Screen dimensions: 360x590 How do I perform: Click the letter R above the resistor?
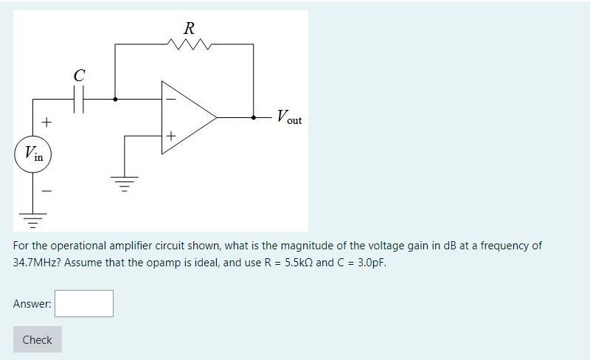point(189,29)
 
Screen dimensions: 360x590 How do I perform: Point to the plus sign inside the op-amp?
point(171,136)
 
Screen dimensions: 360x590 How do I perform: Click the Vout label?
point(288,117)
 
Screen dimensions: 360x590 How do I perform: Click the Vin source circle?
point(32,154)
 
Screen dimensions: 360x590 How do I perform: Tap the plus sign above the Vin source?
point(46,121)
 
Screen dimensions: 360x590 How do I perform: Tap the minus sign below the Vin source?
point(46,190)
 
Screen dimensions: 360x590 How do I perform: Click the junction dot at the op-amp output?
point(254,117)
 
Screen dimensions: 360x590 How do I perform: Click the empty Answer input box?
point(84,303)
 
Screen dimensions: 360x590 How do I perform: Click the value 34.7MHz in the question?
point(37,263)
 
